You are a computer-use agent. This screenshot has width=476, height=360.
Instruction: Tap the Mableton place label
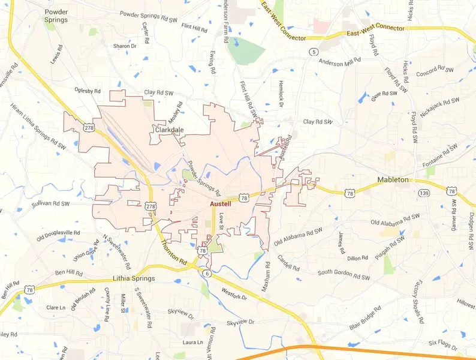(393, 179)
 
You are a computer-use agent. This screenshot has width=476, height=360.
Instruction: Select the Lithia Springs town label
(134, 278)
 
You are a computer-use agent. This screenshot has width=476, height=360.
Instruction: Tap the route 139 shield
(424, 193)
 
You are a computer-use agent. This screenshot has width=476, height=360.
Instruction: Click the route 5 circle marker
(314, 52)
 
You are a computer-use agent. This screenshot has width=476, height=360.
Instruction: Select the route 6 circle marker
(207, 274)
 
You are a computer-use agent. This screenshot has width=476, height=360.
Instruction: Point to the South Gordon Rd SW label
(344, 275)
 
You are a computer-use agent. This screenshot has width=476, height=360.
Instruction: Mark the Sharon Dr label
(125, 46)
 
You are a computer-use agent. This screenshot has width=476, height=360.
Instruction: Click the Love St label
(221, 221)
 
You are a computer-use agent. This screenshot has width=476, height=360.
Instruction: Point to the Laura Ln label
(193, 343)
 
